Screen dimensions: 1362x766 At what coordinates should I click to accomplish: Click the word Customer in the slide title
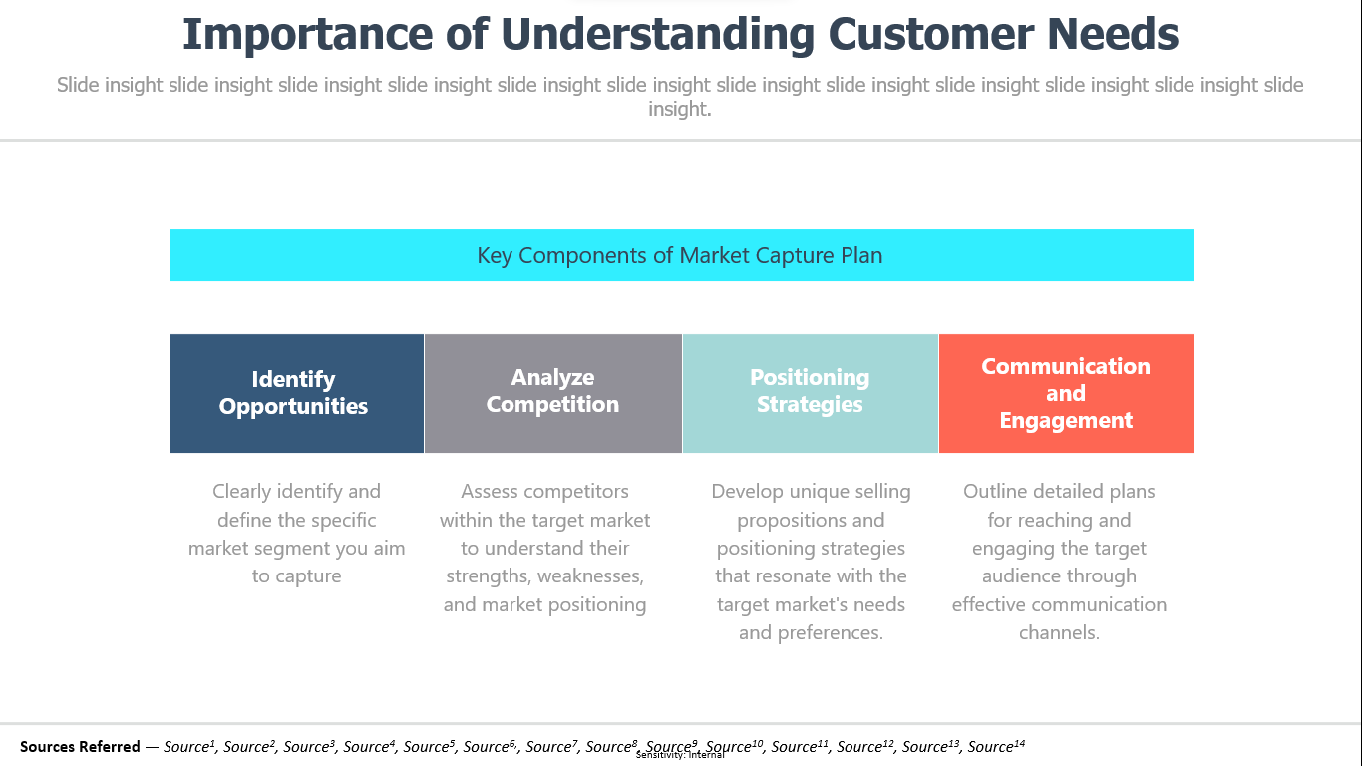coord(930,34)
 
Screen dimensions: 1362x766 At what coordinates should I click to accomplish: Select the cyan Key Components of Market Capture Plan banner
coord(682,255)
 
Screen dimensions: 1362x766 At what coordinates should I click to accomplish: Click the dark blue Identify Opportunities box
coord(297,393)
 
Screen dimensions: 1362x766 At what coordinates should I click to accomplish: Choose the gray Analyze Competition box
coord(553,393)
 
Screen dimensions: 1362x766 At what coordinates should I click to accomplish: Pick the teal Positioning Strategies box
coord(811,393)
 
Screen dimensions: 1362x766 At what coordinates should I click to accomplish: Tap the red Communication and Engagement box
coord(1067,393)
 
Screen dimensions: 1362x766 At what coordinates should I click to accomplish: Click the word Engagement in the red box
coord(1066,421)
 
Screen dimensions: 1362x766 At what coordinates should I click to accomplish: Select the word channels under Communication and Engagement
coord(1059,632)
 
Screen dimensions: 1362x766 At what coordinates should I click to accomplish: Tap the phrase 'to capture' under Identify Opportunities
coord(297,576)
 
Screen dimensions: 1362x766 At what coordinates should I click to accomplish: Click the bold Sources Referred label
coord(80,746)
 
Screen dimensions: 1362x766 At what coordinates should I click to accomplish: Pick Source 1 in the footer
coord(189,746)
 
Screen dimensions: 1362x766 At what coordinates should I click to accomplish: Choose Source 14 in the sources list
coord(996,746)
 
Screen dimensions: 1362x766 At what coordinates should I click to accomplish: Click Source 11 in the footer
coord(800,746)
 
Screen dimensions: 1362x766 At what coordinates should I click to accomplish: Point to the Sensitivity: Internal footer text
coord(680,755)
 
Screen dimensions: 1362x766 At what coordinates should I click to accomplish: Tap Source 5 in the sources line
coord(429,746)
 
